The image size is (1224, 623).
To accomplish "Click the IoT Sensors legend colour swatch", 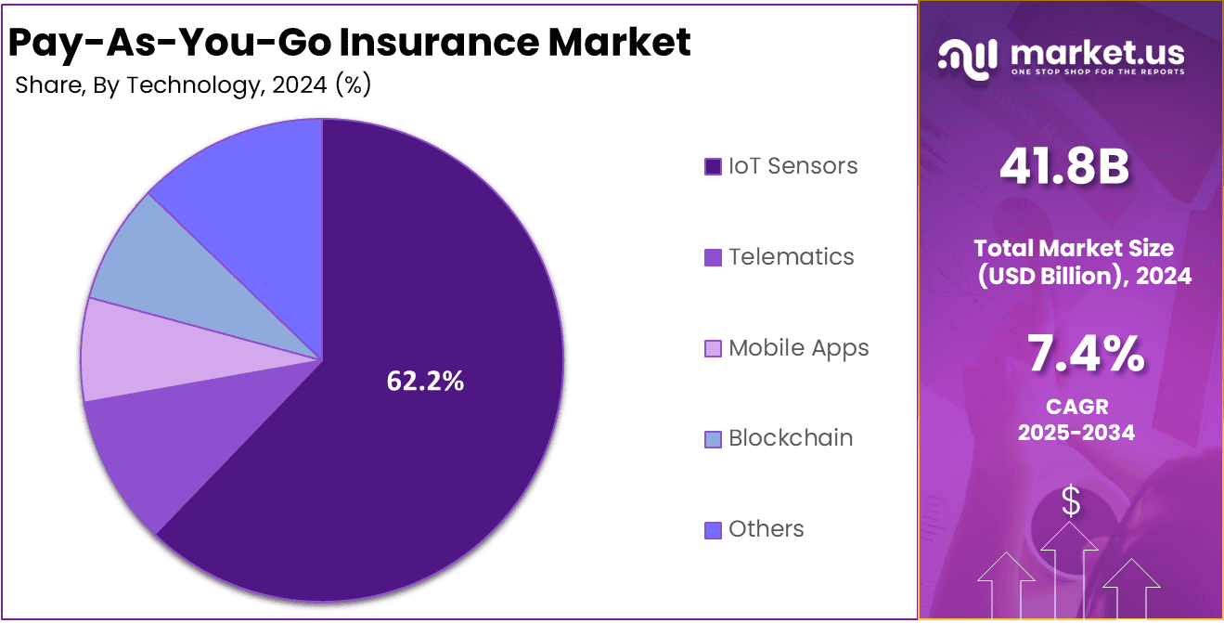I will click(713, 167).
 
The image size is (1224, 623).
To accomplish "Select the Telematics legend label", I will click(791, 256).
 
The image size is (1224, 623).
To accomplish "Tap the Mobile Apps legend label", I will click(798, 348).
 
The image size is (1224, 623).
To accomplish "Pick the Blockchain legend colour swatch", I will click(713, 439).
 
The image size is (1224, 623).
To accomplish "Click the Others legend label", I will click(766, 529).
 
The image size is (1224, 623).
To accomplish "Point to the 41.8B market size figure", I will click(1064, 168).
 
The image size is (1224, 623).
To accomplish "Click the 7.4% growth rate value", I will click(1085, 356).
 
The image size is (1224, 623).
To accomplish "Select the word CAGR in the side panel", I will click(1076, 407).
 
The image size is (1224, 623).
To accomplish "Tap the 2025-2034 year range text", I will click(1076, 433).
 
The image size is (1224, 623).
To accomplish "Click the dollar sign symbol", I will click(1071, 501).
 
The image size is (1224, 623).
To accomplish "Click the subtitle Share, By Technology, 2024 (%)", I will click(193, 85).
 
